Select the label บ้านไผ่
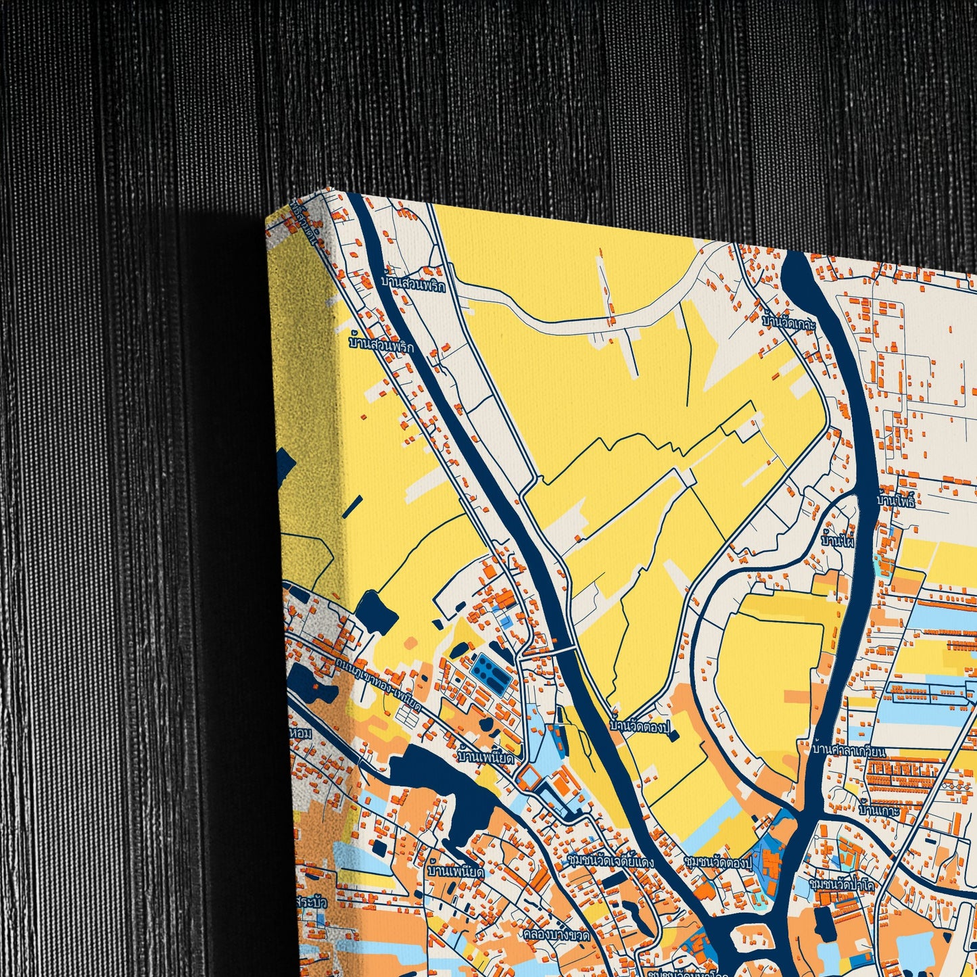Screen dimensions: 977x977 [x=838, y=541]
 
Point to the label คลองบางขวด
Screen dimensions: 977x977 [x=556, y=936]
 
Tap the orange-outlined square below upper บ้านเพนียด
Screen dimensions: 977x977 [x=529, y=779]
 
